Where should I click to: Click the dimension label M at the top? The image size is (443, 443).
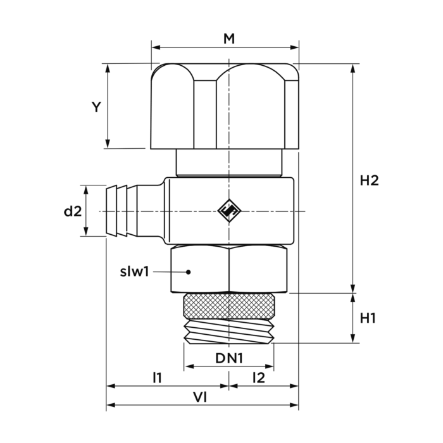[228, 39]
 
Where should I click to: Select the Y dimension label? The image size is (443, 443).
[96, 107]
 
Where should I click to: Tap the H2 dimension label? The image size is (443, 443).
[369, 180]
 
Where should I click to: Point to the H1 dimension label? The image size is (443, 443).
[368, 318]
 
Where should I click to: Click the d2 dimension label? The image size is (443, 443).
[73, 211]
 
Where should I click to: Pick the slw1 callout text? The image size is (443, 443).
[134, 272]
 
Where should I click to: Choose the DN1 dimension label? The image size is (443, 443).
[228, 359]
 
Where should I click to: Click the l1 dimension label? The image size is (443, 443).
[157, 378]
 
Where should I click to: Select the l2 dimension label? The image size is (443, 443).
[258, 378]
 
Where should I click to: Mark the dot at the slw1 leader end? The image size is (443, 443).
[187, 272]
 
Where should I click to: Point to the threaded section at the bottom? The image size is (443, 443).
[228, 331]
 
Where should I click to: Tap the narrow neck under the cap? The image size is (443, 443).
[228, 163]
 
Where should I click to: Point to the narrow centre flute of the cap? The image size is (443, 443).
[205, 114]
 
